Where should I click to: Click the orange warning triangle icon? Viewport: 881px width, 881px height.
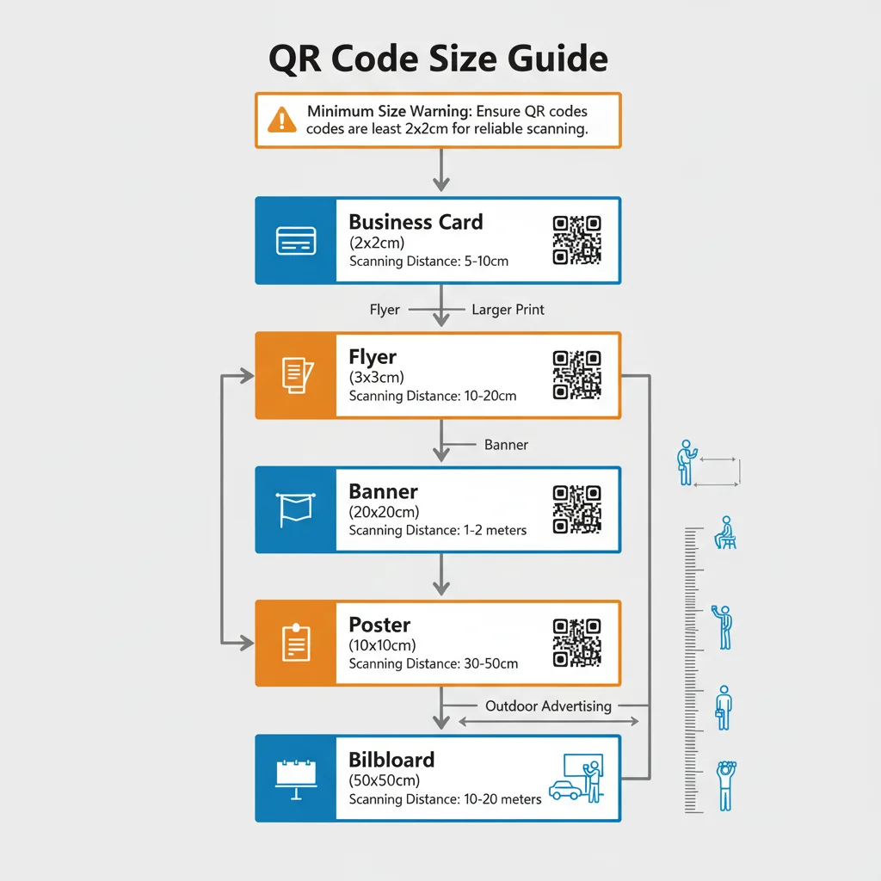[x=282, y=120]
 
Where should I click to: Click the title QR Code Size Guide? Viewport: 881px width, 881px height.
[x=439, y=59]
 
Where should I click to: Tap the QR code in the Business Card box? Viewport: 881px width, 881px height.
[x=576, y=240]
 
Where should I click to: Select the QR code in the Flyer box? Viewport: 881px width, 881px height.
[x=576, y=375]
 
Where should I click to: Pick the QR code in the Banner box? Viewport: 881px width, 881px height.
[x=576, y=509]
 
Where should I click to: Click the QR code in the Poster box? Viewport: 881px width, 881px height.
[x=576, y=643]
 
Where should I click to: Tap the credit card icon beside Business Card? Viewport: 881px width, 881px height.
[x=296, y=241]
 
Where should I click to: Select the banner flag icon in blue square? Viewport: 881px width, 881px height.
[x=296, y=509]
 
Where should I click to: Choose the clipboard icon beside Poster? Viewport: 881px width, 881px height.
[x=296, y=643]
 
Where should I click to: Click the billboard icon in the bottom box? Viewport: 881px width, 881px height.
[x=296, y=776]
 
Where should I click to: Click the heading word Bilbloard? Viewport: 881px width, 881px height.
[x=391, y=760]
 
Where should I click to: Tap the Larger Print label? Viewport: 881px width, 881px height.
[x=508, y=310]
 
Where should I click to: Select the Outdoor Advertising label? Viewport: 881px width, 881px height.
[x=548, y=706]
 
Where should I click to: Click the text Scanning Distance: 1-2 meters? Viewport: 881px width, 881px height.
[x=437, y=531]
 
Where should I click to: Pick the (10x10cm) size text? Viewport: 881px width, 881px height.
[x=382, y=645]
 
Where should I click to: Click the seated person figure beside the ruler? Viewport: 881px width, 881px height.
[x=725, y=533]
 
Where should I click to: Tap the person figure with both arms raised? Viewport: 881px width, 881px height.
[x=726, y=785]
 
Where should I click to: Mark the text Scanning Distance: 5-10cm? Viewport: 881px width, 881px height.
[x=428, y=262]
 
